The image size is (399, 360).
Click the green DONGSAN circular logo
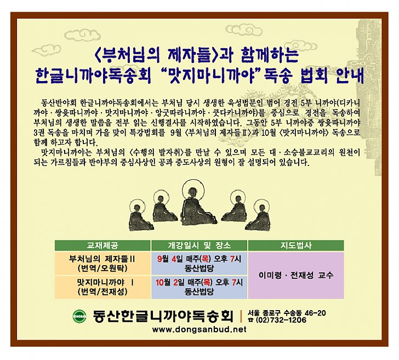(79, 316)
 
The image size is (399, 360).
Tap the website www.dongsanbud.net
(200, 329)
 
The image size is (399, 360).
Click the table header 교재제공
(102, 245)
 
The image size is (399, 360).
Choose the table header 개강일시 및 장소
(200, 245)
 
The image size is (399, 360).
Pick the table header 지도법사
(296, 245)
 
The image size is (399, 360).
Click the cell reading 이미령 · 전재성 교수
(296, 275)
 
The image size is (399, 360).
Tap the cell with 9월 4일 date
(200, 264)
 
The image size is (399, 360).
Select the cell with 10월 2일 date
(200, 287)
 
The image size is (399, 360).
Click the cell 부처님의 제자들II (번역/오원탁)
(102, 264)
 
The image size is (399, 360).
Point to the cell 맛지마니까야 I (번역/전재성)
(102, 287)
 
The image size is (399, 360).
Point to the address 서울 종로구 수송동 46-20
(287, 313)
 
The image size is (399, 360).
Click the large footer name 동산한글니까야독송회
(163, 316)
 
